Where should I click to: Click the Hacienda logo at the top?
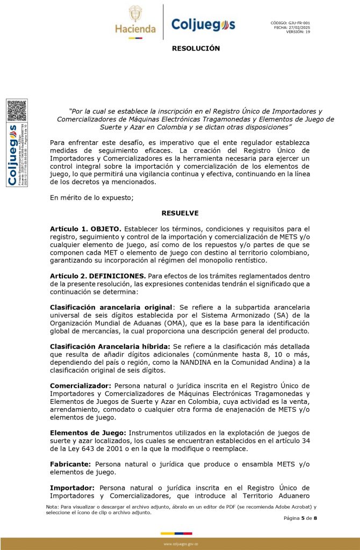pos(135,21)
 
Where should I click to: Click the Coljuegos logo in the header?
pos(203,25)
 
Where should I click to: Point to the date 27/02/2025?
pos(299,27)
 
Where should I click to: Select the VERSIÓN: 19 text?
pos(298,31)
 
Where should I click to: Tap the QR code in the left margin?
pos(17,111)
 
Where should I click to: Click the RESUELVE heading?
pos(180,213)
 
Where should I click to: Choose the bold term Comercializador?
pos(81,385)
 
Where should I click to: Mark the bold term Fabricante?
pos(71,464)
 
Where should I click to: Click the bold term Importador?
pos(72,487)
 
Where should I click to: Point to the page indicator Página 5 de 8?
pos(301,518)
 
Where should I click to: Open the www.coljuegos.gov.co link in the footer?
pos(181,544)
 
